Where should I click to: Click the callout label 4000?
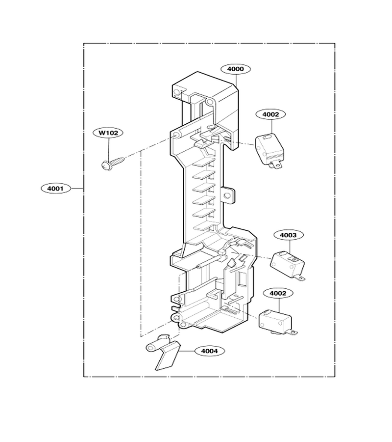click(x=235, y=69)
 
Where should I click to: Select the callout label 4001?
click(x=55, y=188)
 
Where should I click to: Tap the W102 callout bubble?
click(x=108, y=133)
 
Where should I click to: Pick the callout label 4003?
click(x=288, y=235)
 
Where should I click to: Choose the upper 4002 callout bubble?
click(x=270, y=114)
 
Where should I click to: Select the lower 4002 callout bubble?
click(x=278, y=293)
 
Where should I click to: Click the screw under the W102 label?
click(x=113, y=163)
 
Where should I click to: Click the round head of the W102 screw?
click(x=105, y=165)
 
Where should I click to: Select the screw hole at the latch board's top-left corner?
click(x=177, y=92)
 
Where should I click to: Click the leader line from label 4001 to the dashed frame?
click(x=77, y=188)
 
